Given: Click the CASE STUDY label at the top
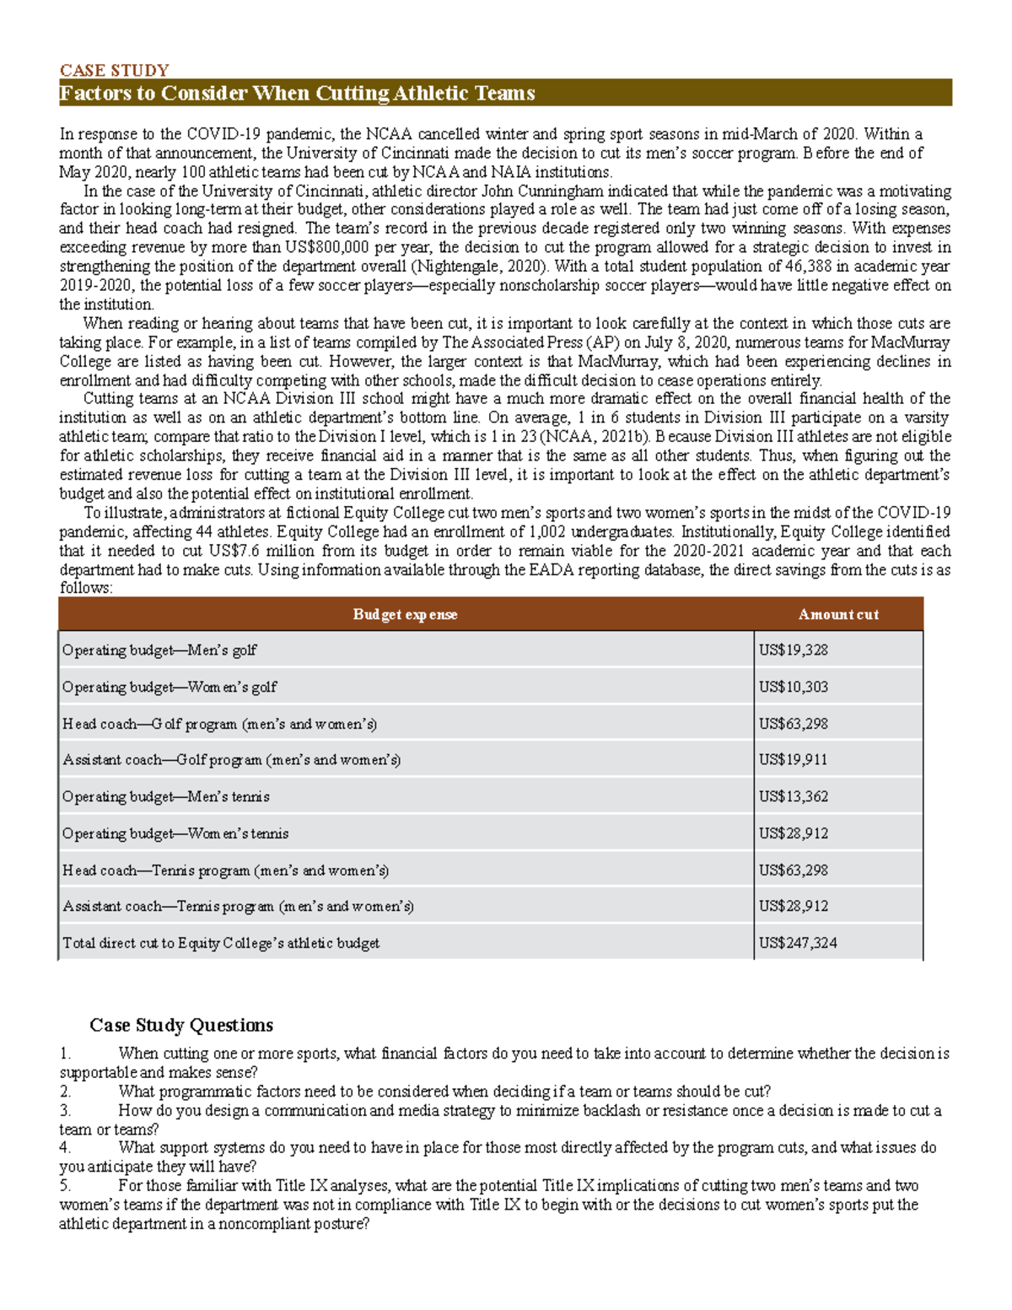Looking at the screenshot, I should pyautogui.click(x=114, y=70).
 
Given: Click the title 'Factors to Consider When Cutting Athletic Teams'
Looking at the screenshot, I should pyautogui.click(x=297, y=93).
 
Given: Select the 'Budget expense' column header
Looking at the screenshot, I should pyautogui.click(x=405, y=614).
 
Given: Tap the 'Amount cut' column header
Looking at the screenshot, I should pyautogui.click(x=838, y=614).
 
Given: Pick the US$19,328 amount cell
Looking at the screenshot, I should pyautogui.click(x=793, y=650).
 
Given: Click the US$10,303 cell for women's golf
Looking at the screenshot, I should pyautogui.click(x=793, y=687).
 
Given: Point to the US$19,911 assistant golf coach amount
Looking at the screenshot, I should pyautogui.click(x=793, y=759).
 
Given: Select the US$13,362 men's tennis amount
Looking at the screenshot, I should pyautogui.click(x=793, y=796).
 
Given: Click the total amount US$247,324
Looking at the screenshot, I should pyautogui.click(x=797, y=943).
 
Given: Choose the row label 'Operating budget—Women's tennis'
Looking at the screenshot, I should pyautogui.click(x=175, y=833).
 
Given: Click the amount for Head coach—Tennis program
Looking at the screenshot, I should pyautogui.click(x=793, y=870).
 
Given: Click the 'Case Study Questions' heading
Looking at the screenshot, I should pyautogui.click(x=181, y=1025).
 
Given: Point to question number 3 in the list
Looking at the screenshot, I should pyautogui.click(x=66, y=1111).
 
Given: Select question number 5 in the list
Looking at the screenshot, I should pyautogui.click(x=66, y=1186).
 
